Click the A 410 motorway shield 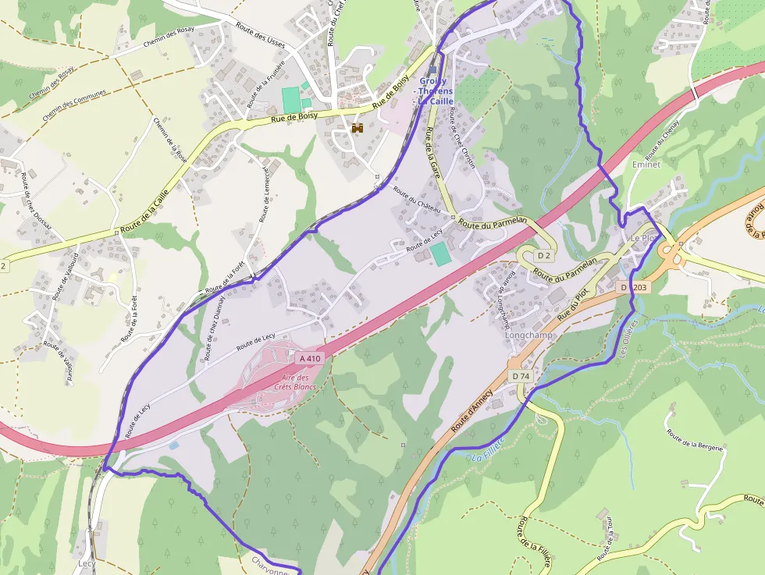tap(310, 358)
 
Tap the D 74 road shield tap(521, 376)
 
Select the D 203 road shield tap(634, 287)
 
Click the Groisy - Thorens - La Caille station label tap(436, 91)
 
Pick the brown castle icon tap(358, 128)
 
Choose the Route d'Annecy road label tap(472, 410)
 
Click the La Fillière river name tap(488, 449)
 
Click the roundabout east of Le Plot tap(669, 252)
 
